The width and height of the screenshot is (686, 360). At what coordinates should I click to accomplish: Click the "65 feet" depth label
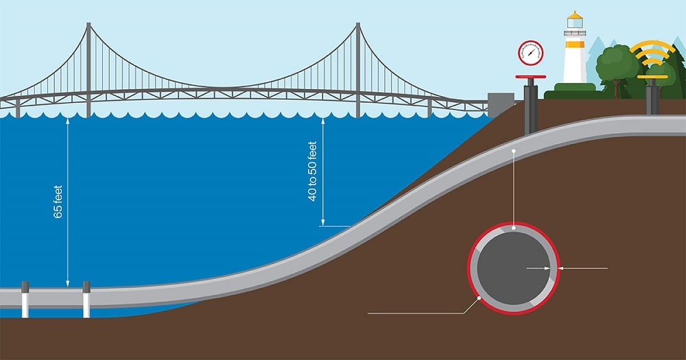click(58, 202)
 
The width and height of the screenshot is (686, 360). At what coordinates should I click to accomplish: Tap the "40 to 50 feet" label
click(312, 171)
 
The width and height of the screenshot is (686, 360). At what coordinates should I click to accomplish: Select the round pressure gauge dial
click(531, 53)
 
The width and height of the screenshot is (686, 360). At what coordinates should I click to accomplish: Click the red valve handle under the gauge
click(531, 77)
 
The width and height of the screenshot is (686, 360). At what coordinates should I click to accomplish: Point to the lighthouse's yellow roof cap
click(574, 16)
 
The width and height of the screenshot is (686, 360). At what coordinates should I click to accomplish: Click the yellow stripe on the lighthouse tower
click(574, 44)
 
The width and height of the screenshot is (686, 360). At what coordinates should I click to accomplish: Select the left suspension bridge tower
click(88, 70)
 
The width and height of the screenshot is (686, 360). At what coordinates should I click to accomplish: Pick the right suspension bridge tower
click(358, 70)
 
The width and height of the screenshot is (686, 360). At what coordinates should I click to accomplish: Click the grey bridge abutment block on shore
click(501, 105)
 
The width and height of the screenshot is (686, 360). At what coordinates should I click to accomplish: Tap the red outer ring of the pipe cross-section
click(469, 268)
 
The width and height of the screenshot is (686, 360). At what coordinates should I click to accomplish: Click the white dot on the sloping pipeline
click(514, 151)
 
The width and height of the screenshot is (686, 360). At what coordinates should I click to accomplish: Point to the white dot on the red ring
click(479, 298)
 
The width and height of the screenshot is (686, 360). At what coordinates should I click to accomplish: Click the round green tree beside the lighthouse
click(617, 64)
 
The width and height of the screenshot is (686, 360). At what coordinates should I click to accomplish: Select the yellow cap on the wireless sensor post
click(652, 77)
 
